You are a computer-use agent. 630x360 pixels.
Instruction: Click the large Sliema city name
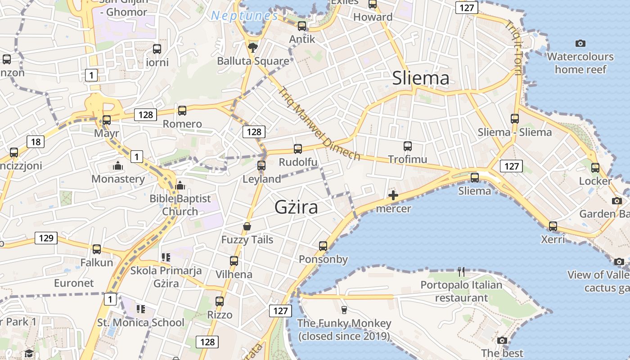pyautogui.click(x=421, y=78)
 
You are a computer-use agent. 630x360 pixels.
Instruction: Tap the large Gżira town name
pyautogui.click(x=297, y=207)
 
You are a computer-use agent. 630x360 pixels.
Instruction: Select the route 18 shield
pyautogui.click(x=36, y=142)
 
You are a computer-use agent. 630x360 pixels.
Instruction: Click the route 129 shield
pyautogui.click(x=46, y=238)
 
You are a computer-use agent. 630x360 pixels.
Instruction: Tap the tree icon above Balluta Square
pyautogui.click(x=253, y=47)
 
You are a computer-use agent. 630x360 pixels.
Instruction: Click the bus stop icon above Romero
pyautogui.click(x=182, y=110)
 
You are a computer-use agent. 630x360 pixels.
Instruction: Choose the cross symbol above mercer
pyautogui.click(x=393, y=195)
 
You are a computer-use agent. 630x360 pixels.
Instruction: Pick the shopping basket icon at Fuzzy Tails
pyautogui.click(x=247, y=226)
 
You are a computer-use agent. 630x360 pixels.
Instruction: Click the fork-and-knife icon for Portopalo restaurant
pyautogui.click(x=461, y=271)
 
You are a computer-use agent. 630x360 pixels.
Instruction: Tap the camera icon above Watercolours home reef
pyautogui.click(x=580, y=43)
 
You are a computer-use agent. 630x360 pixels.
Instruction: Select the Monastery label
pyautogui.click(x=118, y=179)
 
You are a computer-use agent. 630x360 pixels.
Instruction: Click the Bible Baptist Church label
pyautogui.click(x=180, y=205)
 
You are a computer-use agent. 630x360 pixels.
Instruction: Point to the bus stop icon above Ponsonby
pyautogui.click(x=323, y=246)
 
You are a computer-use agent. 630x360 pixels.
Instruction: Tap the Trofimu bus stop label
pyautogui.click(x=408, y=159)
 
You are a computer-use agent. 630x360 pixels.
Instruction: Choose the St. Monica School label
pyautogui.click(x=141, y=323)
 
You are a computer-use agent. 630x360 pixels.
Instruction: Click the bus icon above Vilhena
pyautogui.click(x=234, y=261)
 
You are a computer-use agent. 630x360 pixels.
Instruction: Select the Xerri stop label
pyautogui.click(x=553, y=239)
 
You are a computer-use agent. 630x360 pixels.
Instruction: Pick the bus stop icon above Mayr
pyautogui.click(x=107, y=120)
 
